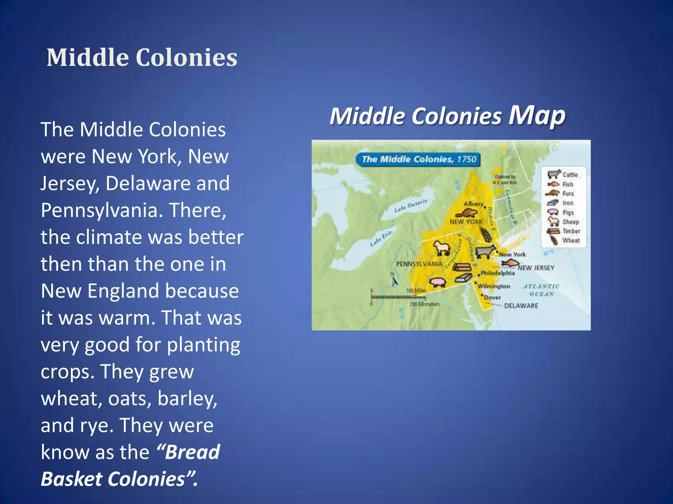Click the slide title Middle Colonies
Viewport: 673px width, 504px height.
tap(142, 57)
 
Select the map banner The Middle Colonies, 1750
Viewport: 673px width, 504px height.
tap(419, 159)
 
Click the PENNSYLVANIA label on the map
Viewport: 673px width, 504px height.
tap(419, 264)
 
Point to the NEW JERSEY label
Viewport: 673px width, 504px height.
tap(536, 268)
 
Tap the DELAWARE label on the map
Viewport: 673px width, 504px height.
tap(521, 306)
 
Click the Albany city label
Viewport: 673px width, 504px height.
tap(474, 204)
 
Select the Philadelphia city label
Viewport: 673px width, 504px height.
tap(498, 273)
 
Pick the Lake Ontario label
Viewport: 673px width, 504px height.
tap(411, 205)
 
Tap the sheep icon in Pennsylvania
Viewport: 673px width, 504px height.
tap(441, 248)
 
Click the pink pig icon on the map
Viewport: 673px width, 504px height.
tap(437, 282)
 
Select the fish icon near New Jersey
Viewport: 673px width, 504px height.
tap(510, 262)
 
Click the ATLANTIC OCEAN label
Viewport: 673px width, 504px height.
tap(541, 290)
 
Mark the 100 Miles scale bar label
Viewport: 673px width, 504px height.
tap(416, 291)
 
